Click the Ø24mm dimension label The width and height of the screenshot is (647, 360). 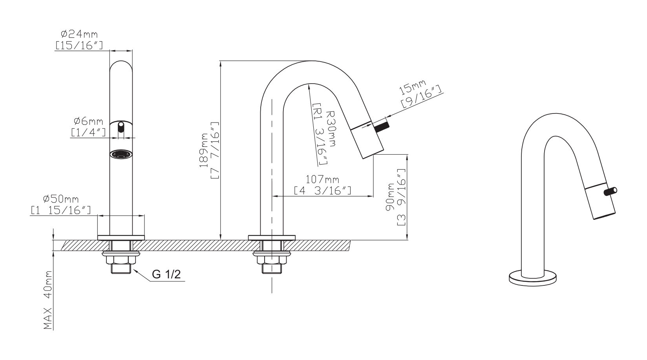[x=79, y=34]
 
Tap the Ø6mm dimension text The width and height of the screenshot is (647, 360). [x=88, y=121]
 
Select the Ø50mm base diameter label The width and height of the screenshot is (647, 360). [x=60, y=199]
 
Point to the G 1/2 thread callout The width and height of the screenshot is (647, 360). [x=166, y=274]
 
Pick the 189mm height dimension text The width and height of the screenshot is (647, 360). [x=204, y=150]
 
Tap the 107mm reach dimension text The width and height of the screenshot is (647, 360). [x=322, y=180]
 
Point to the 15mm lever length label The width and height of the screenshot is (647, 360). [x=412, y=87]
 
